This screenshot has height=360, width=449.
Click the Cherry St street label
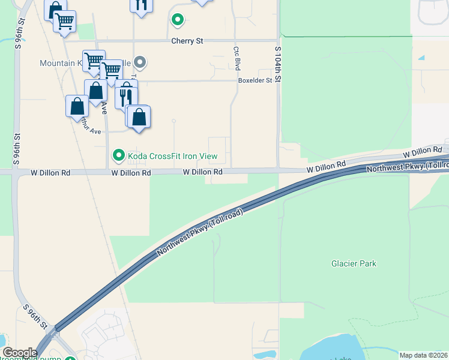tap(187, 41)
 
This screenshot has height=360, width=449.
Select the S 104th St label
tap(278, 65)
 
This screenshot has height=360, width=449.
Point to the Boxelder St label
tap(256, 80)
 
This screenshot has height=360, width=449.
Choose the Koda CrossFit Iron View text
tap(172, 157)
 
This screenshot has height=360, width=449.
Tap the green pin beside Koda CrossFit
tap(118, 157)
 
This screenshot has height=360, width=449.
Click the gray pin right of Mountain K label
tap(140, 62)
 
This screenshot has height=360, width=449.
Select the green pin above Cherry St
tap(178, 20)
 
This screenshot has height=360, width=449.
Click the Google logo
tap(20, 353)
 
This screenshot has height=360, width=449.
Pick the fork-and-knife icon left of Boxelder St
tap(126, 96)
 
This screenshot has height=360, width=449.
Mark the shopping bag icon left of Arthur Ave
tap(77, 106)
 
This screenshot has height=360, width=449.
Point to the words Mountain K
tap(60, 63)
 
